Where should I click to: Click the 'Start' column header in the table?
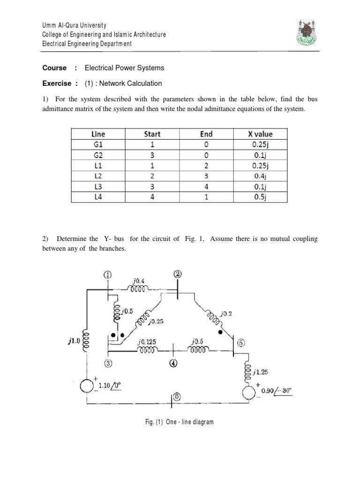151,134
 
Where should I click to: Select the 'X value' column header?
260,134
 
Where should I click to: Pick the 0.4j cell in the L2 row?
260,176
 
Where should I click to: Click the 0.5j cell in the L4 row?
260,197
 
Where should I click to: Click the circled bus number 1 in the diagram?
107,275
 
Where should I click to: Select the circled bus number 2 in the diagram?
178,274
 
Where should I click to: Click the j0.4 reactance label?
139,281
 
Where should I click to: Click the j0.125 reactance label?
147,343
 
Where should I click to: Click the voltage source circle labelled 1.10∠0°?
87,386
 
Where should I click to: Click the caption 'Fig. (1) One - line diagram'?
179,422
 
